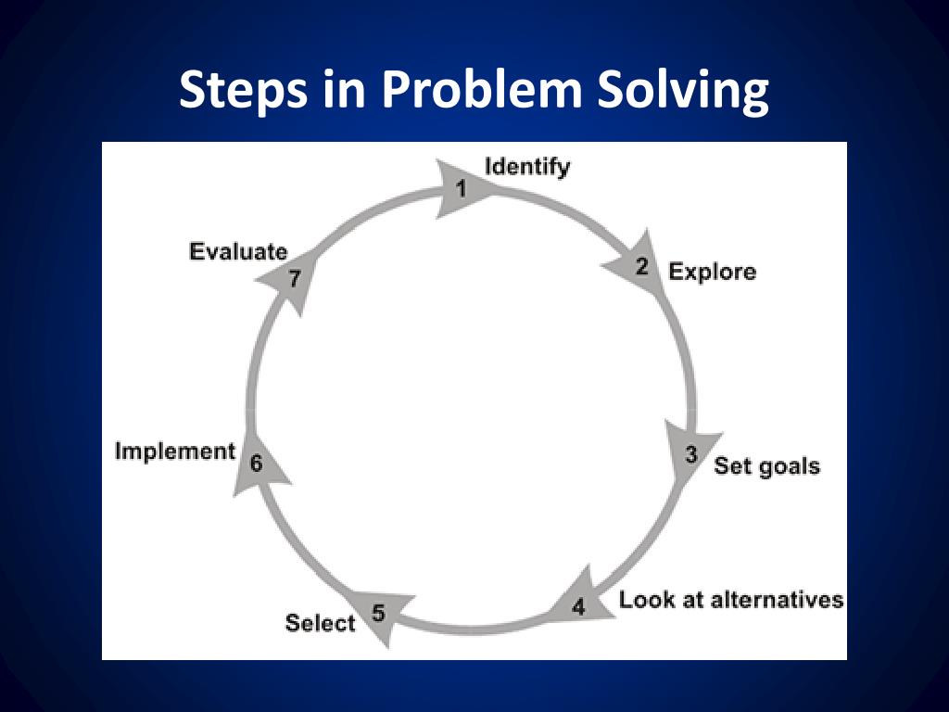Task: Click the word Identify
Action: (527, 168)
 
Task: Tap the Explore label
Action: (712, 272)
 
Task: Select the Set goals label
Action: (766, 465)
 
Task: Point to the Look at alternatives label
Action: (731, 600)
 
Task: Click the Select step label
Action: (320, 623)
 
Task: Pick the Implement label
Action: (175, 451)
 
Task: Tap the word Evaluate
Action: (238, 251)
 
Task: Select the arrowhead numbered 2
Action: (639, 268)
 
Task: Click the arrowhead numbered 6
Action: (259, 462)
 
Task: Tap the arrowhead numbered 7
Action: (292, 278)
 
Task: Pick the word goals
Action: (789, 466)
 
